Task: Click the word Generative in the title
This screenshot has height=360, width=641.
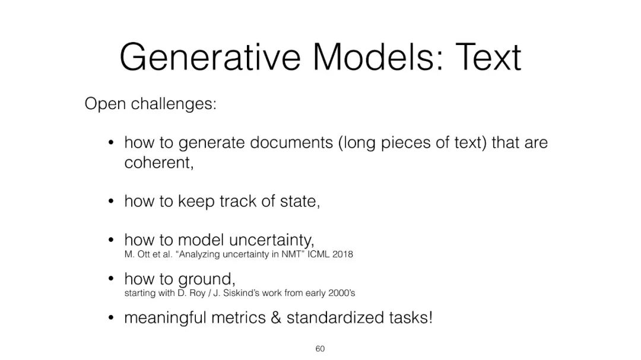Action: [210, 58]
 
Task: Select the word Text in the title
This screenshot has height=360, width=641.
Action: [488, 57]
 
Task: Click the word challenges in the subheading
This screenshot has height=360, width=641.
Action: [173, 104]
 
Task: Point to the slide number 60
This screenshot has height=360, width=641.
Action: [320, 349]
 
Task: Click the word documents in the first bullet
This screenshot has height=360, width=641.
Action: [291, 142]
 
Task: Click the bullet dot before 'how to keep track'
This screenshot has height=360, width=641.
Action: [110, 202]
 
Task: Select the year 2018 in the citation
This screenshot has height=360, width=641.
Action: [342, 254]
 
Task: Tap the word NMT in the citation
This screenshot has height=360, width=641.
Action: [293, 254]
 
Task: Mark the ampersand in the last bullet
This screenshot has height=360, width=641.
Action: [276, 318]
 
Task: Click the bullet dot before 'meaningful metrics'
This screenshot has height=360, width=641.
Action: [110, 318]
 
